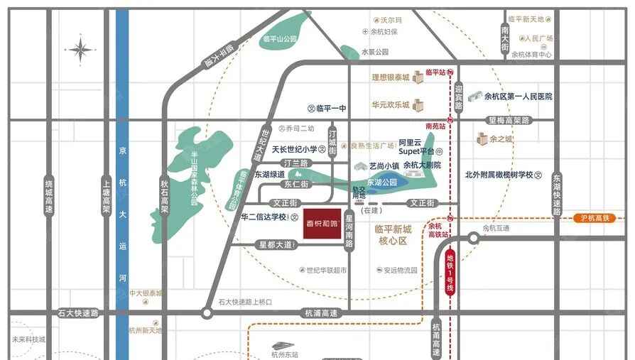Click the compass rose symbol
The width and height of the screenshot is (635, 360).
point(80,50)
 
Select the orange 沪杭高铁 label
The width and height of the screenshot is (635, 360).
point(595,218)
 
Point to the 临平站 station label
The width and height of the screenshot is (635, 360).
point(435,72)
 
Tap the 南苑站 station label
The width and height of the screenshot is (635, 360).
point(435,126)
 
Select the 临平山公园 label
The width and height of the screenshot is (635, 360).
point(279,39)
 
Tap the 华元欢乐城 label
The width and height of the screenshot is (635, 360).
point(390,105)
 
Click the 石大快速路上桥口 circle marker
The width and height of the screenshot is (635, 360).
point(207,312)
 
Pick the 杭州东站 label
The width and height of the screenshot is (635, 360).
point(285,354)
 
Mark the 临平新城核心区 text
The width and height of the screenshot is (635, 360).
point(393,235)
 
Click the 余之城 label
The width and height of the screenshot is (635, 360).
point(501,139)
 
